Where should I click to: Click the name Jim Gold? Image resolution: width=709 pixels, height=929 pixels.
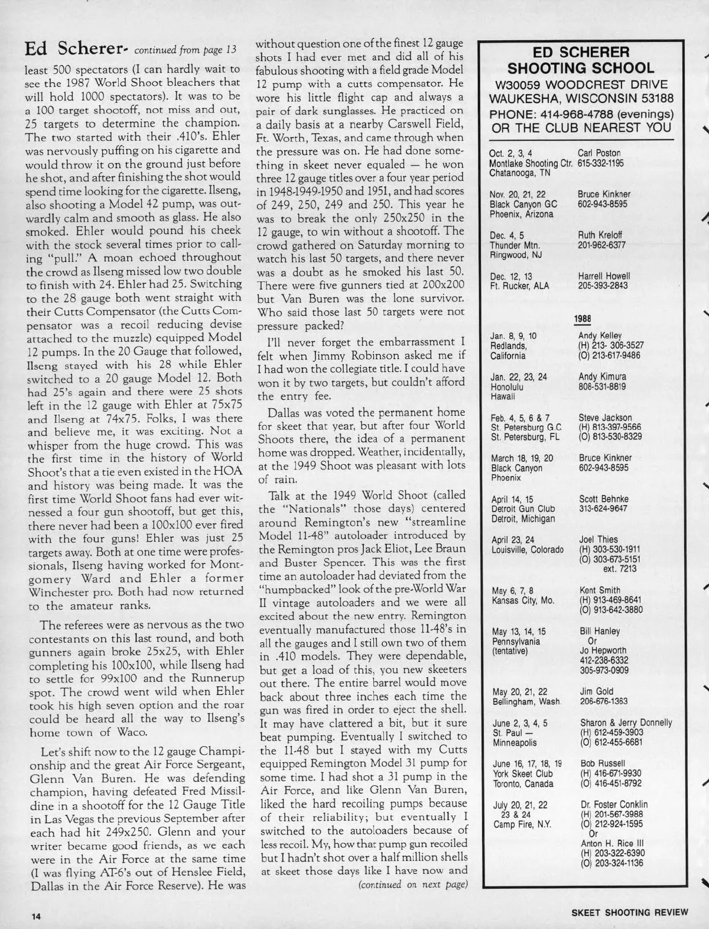coord(597,691)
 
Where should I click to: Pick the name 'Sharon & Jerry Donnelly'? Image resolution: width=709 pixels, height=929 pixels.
coord(626,723)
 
